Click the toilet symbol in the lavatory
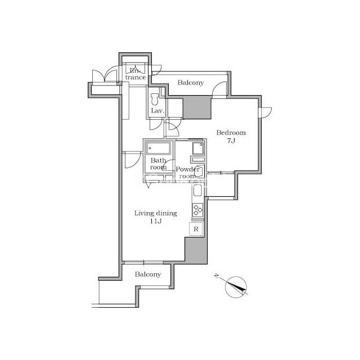(155, 99)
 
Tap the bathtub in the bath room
(159, 148)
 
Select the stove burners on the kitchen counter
(197, 210)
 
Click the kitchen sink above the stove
(197, 191)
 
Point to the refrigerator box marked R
(196, 229)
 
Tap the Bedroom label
(231, 133)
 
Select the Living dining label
(156, 213)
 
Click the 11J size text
(156, 221)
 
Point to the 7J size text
(231, 141)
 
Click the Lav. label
(157, 111)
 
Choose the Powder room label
(187, 173)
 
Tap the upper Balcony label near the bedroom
(191, 83)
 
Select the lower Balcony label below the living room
(148, 274)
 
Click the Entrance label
(136, 74)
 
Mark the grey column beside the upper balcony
(197, 107)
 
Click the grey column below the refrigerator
(196, 250)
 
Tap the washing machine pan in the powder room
(197, 148)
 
